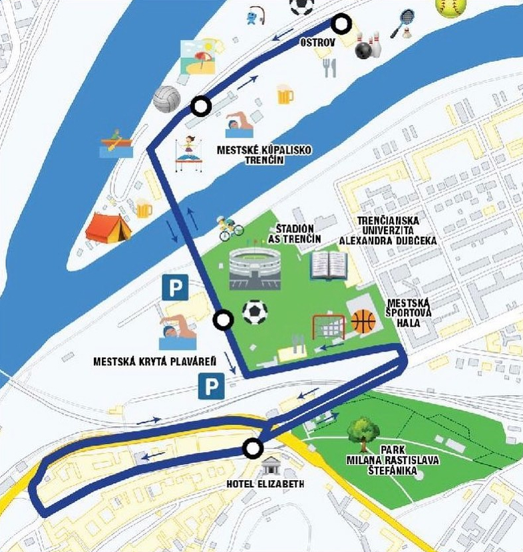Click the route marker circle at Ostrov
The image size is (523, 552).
pyautogui.click(x=342, y=25)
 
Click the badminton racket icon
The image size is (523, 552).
pyautogui.click(x=403, y=23)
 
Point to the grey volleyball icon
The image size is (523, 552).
pyautogui.click(x=166, y=99)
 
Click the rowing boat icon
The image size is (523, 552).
pyautogui.click(x=116, y=144)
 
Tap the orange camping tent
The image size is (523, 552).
pyautogui.click(x=108, y=227)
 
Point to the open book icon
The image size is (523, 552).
pyautogui.click(x=329, y=265)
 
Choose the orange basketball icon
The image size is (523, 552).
pyautogui.click(x=363, y=321)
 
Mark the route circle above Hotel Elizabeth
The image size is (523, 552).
pyautogui.click(x=252, y=449)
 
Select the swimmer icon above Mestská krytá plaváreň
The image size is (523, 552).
pyautogui.click(x=177, y=333)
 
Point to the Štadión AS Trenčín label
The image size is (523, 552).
pyautogui.click(x=295, y=233)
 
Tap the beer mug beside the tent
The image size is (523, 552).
pyautogui.click(x=144, y=209)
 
